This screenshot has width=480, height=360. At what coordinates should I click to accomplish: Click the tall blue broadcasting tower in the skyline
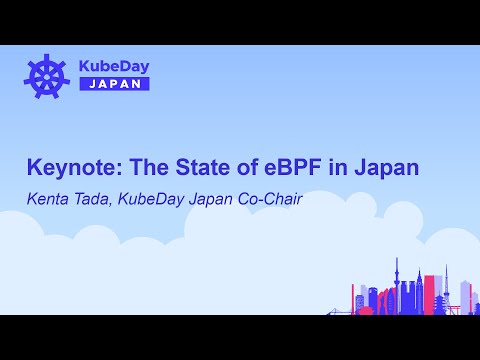point(397,285)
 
